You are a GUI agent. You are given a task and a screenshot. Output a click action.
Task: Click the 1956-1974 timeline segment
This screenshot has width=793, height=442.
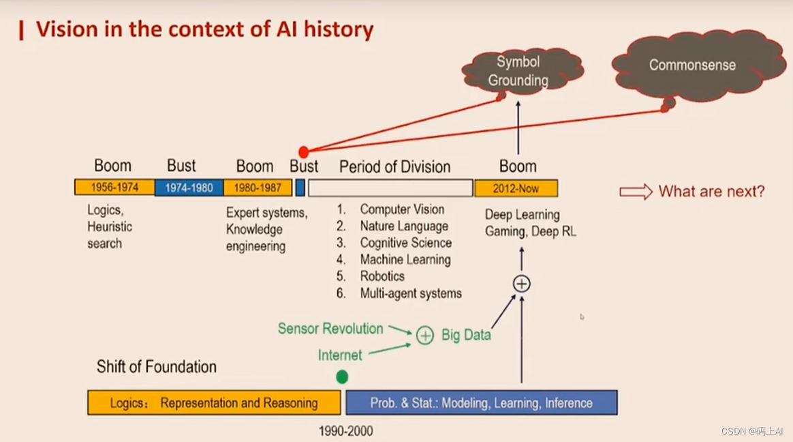114,188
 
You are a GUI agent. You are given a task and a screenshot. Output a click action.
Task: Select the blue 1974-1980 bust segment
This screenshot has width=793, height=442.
189,188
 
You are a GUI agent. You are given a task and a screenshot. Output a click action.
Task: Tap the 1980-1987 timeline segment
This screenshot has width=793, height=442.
258,188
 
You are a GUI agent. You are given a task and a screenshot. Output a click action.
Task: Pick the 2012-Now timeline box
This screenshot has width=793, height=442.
516,188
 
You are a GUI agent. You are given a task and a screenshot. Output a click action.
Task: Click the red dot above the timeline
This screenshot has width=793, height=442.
304,151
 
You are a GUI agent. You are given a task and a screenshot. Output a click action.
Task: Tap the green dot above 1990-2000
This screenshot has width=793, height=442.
342,377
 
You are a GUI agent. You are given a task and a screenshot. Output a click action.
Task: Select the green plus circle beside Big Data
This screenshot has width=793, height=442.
424,335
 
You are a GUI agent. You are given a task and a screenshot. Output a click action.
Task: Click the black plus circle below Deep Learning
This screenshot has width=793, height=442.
521,284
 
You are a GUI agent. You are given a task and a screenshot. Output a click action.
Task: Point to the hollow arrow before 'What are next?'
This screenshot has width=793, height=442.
636,192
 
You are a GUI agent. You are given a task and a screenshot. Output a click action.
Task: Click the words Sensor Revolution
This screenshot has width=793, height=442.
330,329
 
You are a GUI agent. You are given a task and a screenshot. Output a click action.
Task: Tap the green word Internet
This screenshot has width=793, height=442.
340,355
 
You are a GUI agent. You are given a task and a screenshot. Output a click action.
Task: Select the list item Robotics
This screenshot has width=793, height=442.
382,276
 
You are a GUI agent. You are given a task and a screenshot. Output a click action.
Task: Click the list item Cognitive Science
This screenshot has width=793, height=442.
405,243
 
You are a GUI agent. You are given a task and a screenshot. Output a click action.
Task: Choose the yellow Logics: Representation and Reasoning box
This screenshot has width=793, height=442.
214,402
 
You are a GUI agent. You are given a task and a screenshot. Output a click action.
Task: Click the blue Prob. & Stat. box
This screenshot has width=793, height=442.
482,402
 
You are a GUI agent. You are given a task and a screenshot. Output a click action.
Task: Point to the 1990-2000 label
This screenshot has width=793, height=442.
345,431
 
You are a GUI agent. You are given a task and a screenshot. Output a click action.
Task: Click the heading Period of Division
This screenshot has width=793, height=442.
395,166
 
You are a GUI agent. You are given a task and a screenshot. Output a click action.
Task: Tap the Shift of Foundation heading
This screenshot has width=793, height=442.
157,366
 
